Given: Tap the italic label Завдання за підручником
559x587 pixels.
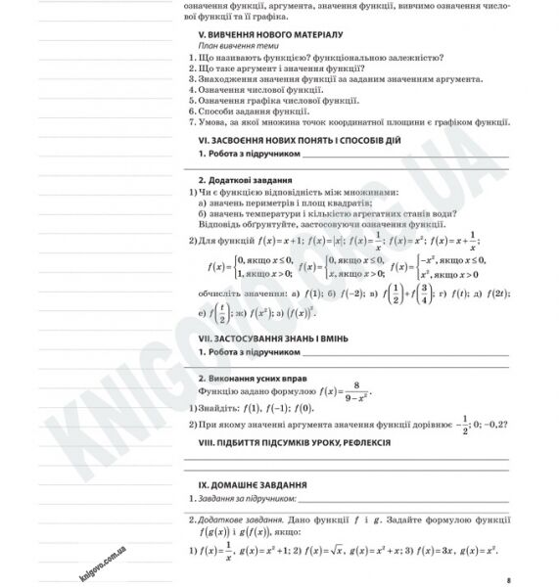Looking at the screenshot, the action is [246, 499].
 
